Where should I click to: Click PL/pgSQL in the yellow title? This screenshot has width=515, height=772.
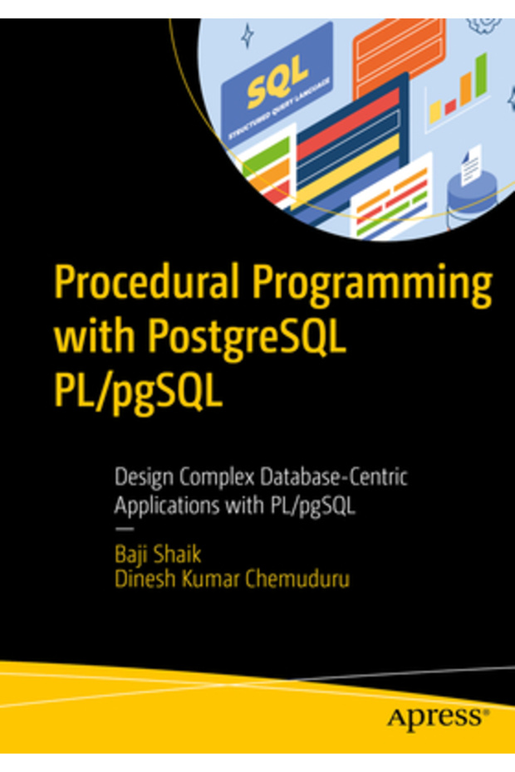pyautogui.click(x=139, y=392)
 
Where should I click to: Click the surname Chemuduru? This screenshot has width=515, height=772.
pyautogui.click(x=297, y=579)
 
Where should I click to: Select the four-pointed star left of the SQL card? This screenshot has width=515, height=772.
pyautogui.click(x=246, y=34)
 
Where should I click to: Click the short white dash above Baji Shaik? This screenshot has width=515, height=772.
pyautogui.click(x=123, y=528)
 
